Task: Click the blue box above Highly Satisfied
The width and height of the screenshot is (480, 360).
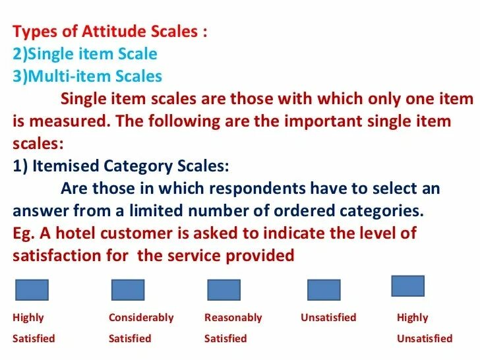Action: point(32,290)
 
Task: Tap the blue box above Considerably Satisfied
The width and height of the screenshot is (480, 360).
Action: point(128,290)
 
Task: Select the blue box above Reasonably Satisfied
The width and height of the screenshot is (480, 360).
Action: point(224,290)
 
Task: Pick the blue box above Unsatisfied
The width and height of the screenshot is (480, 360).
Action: point(324,290)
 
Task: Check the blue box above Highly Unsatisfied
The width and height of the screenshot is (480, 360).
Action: point(408,285)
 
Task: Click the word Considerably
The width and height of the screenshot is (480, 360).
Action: point(141,318)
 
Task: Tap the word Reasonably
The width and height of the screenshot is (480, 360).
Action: point(233,318)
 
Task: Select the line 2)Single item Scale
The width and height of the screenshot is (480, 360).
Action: point(85,54)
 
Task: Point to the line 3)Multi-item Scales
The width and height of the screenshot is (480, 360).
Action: point(87,76)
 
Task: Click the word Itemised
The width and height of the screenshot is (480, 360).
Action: point(65,165)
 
